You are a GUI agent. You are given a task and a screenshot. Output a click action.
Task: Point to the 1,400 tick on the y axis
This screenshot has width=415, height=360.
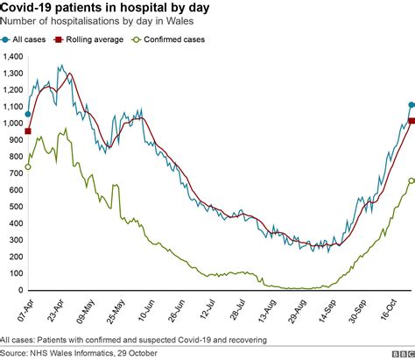[13, 56]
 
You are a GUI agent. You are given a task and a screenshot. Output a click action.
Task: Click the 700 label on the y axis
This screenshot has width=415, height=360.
[17, 173]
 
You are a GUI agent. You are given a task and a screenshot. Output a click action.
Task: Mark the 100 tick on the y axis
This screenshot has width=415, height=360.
[17, 273]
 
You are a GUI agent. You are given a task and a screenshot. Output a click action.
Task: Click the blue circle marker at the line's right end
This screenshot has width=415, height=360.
[411, 105]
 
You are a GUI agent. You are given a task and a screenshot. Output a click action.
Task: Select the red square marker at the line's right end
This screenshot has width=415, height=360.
[411, 121]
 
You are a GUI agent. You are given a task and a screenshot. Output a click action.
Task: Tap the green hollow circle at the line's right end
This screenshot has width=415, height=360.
[411, 180]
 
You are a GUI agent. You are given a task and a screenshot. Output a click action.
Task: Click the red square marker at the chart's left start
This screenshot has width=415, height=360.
[28, 131]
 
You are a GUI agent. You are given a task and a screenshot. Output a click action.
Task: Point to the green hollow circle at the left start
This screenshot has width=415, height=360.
[28, 166]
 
